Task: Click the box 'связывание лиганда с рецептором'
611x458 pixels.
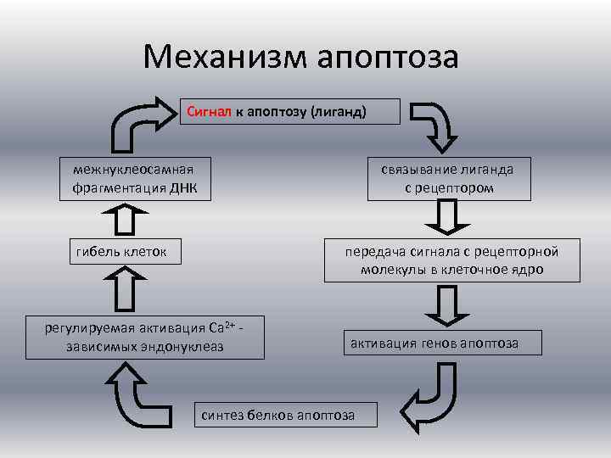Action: click(x=448, y=178)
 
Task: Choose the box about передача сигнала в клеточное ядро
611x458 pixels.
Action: click(x=451, y=260)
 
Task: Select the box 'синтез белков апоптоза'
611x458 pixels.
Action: click(x=277, y=414)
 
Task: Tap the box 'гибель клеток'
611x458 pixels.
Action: click(x=121, y=251)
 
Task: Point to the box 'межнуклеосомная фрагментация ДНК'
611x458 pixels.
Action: click(x=134, y=178)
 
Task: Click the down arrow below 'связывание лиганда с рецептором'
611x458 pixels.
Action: click(x=447, y=218)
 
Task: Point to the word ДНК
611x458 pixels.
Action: click(x=181, y=187)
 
